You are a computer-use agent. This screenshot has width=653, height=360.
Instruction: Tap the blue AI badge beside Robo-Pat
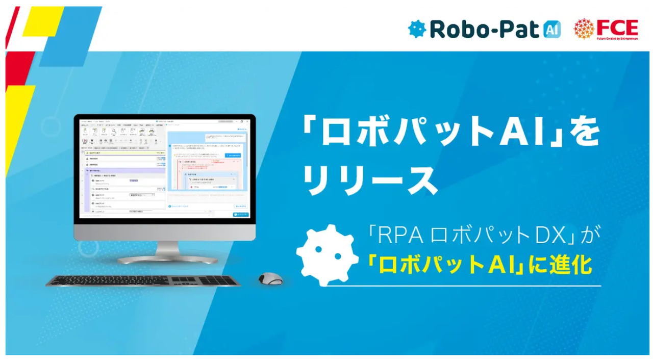pyautogui.click(x=552, y=29)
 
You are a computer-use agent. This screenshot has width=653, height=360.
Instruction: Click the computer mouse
pyautogui.click(x=270, y=278)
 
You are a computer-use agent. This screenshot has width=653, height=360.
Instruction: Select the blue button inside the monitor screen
pyautogui.click(x=240, y=214)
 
